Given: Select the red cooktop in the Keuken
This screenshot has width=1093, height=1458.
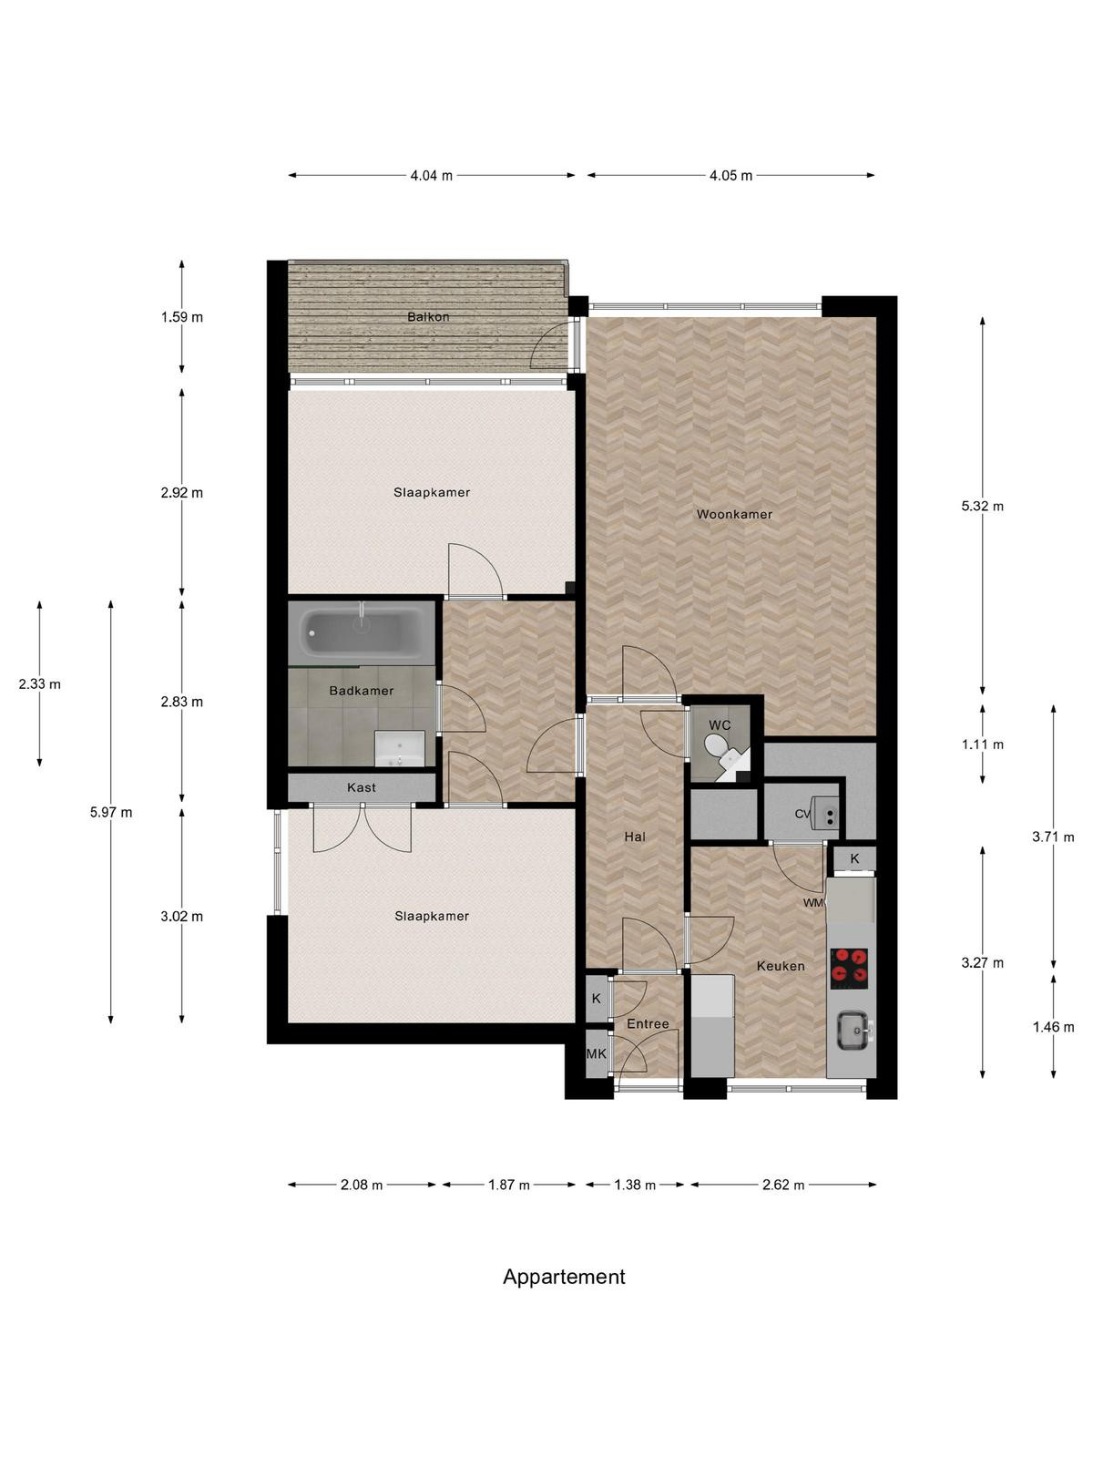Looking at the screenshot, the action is coord(849,968).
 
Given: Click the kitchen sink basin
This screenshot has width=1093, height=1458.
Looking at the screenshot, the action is coord(853,1031).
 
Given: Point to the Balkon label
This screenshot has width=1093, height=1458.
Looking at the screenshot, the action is coord(428,317).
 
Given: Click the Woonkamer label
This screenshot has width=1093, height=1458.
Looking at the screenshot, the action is coord(734,513).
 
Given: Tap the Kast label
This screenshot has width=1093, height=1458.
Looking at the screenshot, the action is coord(361,787).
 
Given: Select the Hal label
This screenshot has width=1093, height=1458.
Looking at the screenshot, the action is coord(635,837).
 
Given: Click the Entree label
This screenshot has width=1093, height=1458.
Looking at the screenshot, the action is coord(648,1023).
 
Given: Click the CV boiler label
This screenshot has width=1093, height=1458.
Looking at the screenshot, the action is coord(803,814).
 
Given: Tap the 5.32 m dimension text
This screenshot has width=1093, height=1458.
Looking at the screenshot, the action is coord(982,506).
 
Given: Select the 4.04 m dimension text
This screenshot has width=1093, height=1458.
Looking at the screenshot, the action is coord(432,175).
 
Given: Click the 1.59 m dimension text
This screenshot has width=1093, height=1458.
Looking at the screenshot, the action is coord(182,317).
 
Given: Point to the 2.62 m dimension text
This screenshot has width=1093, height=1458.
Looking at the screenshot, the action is coord(783,1185).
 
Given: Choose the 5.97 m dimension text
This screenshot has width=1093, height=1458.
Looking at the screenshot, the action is coord(111,812).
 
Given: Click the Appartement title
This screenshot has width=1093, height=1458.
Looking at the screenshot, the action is coord(564,1277).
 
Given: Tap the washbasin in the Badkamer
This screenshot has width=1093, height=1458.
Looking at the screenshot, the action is coord(399,749).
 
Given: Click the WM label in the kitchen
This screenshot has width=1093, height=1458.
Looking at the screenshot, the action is coord(812,903).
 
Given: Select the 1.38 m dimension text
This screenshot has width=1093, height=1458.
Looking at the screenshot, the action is coord(635,1185).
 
